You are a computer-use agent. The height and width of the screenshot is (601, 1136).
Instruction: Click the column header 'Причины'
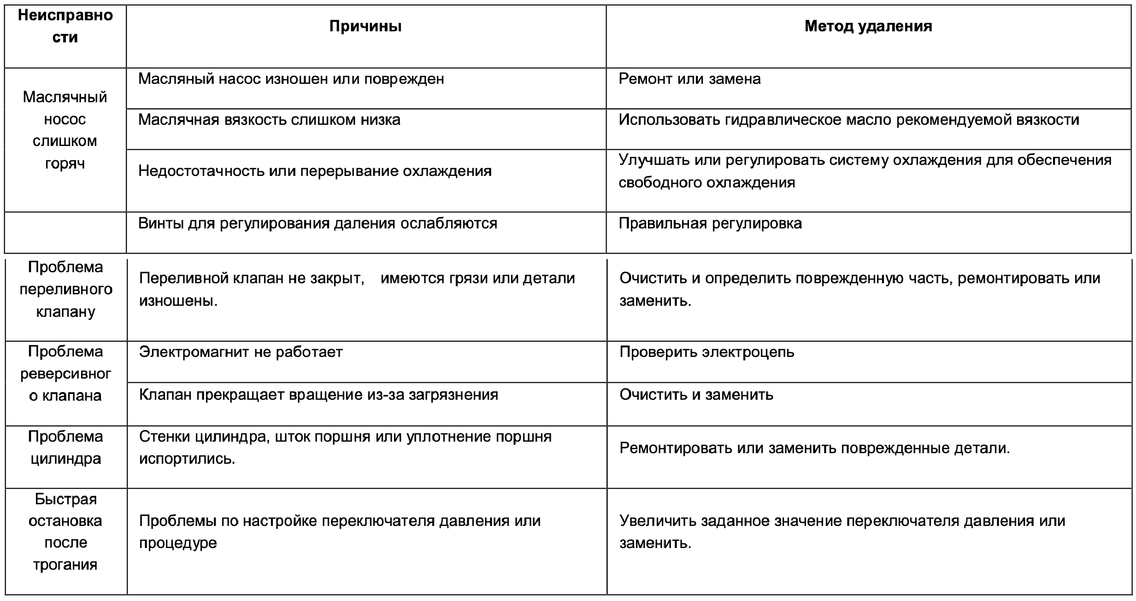pyautogui.click(x=365, y=26)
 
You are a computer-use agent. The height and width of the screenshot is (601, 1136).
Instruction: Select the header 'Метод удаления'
pyautogui.click(x=868, y=26)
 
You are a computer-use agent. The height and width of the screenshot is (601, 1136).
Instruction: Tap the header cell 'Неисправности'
pyautogui.click(x=65, y=26)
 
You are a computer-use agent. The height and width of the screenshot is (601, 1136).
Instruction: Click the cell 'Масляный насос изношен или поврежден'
pyautogui.click(x=291, y=79)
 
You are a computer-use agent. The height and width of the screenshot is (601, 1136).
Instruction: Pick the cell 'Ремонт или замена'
pyautogui.click(x=689, y=79)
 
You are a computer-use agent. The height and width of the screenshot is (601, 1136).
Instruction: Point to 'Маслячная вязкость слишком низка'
pyautogui.click(x=269, y=120)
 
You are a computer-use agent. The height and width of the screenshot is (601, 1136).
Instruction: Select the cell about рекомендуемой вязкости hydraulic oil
pyautogui.click(x=848, y=120)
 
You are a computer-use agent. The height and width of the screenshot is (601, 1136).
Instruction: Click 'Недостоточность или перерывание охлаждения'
pyautogui.click(x=315, y=171)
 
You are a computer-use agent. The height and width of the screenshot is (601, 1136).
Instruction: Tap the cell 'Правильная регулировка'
pyautogui.click(x=710, y=223)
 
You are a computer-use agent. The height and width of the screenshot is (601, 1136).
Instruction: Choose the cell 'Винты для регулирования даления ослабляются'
pyautogui.click(x=318, y=223)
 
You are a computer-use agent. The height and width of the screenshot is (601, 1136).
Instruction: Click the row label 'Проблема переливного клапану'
pyautogui.click(x=66, y=289)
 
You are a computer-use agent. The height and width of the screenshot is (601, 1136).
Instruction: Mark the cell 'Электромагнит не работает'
pyautogui.click(x=241, y=352)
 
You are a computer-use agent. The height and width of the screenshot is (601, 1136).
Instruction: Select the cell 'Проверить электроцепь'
pyautogui.click(x=706, y=352)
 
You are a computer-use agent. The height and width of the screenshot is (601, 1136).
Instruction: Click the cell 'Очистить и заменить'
pyautogui.click(x=696, y=395)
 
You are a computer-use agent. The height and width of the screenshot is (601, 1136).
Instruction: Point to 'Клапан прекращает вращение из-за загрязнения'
pyautogui.click(x=318, y=395)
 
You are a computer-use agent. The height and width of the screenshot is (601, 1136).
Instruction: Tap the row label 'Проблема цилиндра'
pyautogui.click(x=66, y=448)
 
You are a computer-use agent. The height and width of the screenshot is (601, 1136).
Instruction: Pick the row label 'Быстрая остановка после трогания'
pyautogui.click(x=66, y=531)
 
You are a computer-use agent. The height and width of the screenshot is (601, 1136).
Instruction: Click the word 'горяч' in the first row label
pyautogui.click(x=65, y=163)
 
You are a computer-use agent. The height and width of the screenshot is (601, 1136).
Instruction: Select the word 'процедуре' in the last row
pyautogui.click(x=178, y=543)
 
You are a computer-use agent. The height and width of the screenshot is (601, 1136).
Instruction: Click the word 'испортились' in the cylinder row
pyautogui.click(x=187, y=459)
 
